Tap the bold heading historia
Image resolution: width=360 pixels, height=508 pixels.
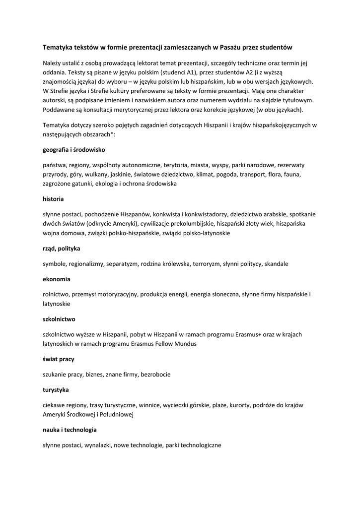(x=53, y=199)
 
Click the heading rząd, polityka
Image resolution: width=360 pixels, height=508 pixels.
(x=62, y=248)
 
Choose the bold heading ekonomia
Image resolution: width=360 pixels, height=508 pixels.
(x=57, y=279)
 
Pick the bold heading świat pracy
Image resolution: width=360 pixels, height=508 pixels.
(x=59, y=359)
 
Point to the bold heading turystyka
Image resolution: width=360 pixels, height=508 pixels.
(x=56, y=389)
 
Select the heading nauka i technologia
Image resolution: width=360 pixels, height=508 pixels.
(x=70, y=430)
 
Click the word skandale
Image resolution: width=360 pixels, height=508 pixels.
(x=276, y=264)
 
